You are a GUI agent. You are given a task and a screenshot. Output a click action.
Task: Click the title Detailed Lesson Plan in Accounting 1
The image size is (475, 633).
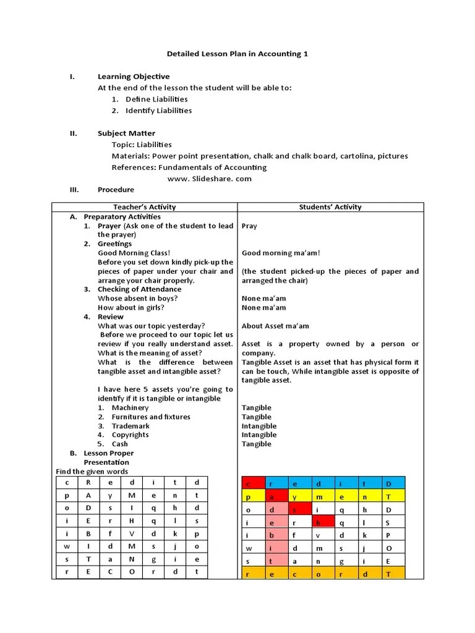click(237, 54)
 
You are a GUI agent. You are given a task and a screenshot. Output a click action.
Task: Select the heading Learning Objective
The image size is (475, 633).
click(133, 77)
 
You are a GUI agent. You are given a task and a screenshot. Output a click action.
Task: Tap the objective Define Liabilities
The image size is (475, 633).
click(156, 99)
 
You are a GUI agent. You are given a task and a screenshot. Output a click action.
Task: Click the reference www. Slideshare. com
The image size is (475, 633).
click(210, 179)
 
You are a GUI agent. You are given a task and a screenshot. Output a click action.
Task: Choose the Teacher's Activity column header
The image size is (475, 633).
click(144, 207)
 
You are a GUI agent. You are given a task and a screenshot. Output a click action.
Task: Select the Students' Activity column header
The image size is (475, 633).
click(330, 207)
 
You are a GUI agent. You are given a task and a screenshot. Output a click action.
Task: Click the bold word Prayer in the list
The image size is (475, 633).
click(109, 226)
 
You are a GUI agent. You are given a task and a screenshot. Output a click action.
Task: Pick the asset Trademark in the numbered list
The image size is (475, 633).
click(131, 426)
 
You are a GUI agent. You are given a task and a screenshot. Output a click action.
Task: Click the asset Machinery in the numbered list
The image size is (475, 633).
click(130, 408)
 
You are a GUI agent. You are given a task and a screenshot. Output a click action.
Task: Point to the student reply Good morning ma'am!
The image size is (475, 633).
click(281, 253)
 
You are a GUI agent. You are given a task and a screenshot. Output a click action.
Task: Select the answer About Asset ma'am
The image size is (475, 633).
click(275, 326)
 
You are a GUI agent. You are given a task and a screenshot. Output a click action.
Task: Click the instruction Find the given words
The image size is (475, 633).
click(92, 472)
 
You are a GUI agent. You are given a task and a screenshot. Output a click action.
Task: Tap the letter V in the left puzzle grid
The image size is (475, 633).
click(132, 533)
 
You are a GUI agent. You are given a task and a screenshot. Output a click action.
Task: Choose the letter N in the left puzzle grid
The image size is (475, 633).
click(132, 559)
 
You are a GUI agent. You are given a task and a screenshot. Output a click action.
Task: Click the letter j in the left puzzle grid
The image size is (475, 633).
click(175, 546)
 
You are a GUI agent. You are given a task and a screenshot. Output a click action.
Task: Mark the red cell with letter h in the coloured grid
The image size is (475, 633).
click(317, 522)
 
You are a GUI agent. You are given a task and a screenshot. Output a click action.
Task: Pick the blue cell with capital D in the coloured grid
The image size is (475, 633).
click(388, 483)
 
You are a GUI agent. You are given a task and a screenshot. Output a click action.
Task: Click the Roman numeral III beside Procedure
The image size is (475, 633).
click(74, 190)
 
